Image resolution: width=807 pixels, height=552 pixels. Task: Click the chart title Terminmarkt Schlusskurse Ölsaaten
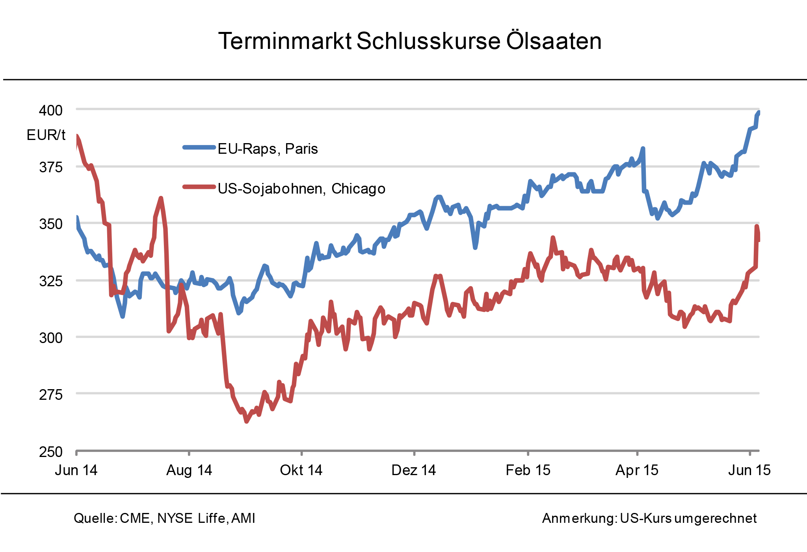point(409,41)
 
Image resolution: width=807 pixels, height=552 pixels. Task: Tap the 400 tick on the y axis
point(51,110)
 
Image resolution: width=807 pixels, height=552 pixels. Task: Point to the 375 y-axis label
point(51,167)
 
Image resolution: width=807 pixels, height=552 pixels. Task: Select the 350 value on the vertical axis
point(51,224)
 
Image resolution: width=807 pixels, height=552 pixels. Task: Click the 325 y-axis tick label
point(51,281)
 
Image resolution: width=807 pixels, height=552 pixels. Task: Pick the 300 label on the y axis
point(51,338)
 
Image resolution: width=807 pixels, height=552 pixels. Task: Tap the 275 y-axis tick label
point(51,394)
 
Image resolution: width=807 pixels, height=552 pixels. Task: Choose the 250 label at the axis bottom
point(51,451)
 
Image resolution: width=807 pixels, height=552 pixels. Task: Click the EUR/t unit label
point(46,135)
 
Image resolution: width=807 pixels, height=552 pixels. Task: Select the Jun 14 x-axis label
point(76,470)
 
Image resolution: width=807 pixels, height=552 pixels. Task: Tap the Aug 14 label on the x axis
point(189,470)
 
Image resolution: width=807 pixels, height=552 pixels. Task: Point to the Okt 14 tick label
point(301,470)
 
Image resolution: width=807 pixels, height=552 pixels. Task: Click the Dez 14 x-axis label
point(414,470)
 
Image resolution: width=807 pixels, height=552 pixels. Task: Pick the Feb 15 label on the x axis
point(528,470)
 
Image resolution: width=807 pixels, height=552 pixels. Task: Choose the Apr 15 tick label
point(637,470)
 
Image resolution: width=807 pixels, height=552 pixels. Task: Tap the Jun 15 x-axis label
point(749,470)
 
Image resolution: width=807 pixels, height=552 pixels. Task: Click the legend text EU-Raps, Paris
point(268,149)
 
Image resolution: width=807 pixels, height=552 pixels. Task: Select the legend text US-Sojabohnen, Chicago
point(301,188)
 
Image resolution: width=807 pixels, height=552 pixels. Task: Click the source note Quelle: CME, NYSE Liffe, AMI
point(164,518)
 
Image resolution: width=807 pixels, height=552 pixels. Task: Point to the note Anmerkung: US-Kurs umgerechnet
point(649,518)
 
